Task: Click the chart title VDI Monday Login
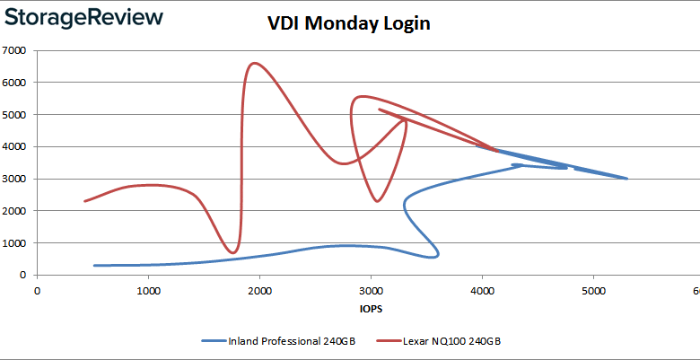pos(349,24)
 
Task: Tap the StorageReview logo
pos(83,18)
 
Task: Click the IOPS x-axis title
pos(367,307)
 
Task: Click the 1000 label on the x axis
pos(148,291)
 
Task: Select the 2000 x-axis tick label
pos(259,291)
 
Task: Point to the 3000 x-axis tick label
pos(371,291)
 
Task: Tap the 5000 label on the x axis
pos(593,291)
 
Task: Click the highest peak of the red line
pos(254,63)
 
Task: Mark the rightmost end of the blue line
pos(626,179)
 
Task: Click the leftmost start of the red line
pos(85,201)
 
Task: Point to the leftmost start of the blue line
pos(94,265)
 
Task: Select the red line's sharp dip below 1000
pos(233,252)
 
